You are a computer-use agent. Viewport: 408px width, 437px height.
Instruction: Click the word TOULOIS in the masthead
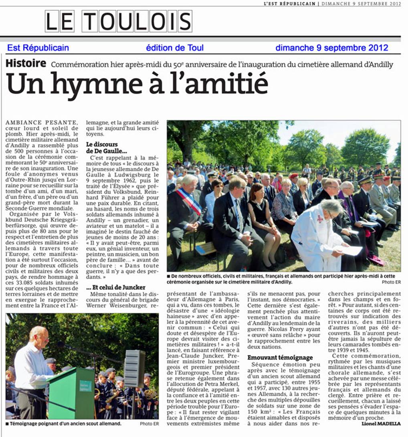tap(137, 21)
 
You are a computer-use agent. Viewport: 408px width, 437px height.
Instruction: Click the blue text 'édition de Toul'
tap(175, 48)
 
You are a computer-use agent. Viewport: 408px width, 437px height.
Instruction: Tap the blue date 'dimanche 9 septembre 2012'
tap(332, 48)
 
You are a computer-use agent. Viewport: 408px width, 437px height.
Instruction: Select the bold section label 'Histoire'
tap(26, 63)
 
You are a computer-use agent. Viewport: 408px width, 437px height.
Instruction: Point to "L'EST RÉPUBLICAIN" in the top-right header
tap(289, 4)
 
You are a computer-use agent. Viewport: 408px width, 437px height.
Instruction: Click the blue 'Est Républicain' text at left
tap(38, 48)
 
